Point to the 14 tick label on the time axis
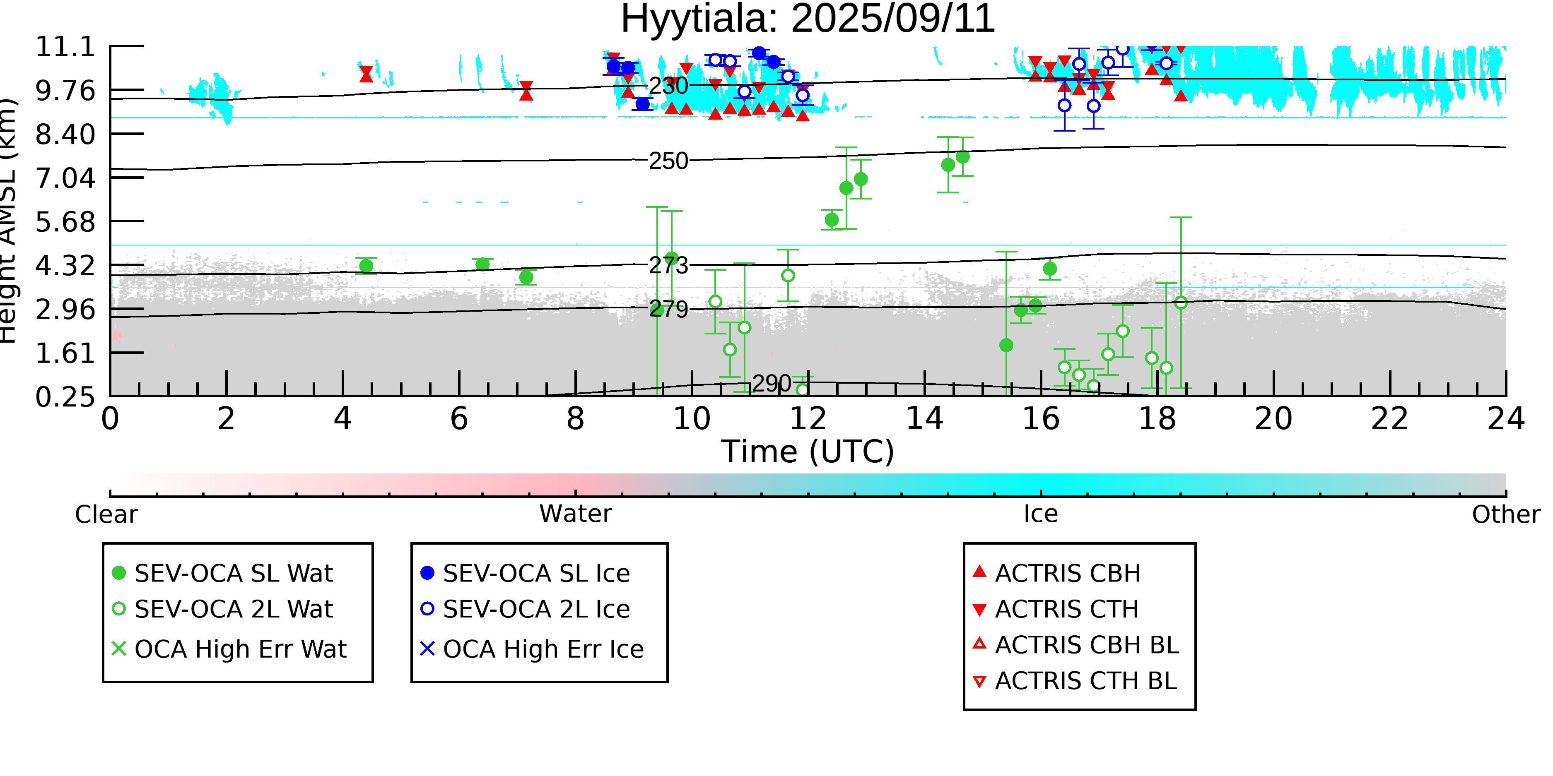pyautogui.click(x=924, y=419)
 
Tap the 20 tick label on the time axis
pyautogui.click(x=1273, y=419)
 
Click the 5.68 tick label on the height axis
pyautogui.click(x=65, y=222)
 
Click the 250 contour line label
pyautogui.click(x=668, y=161)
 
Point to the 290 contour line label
pyautogui.click(x=772, y=384)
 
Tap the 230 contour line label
pyautogui.click(x=668, y=86)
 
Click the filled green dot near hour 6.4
pyautogui.click(x=482, y=264)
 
